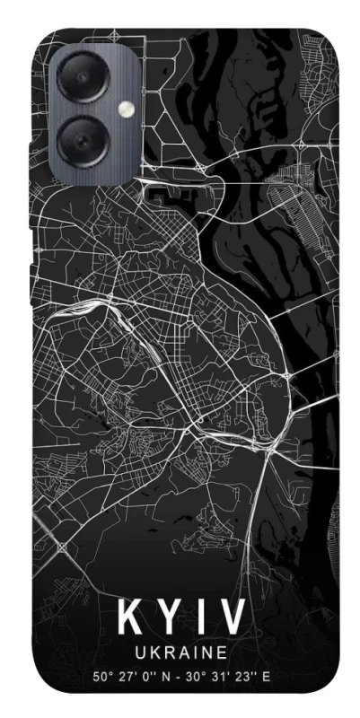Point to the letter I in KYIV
(198, 619)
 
